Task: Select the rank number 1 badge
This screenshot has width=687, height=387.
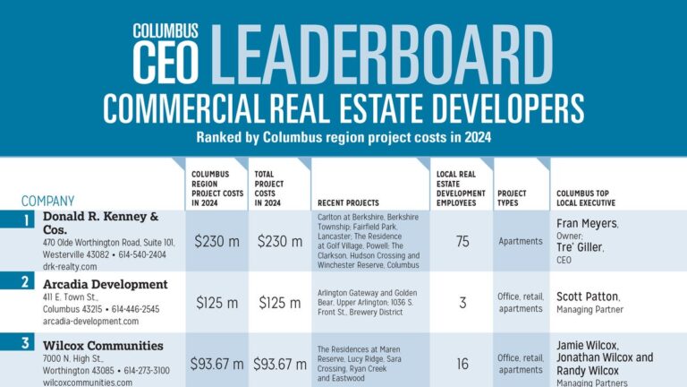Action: click(x=28, y=219)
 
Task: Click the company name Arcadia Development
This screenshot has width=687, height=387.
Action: click(x=106, y=285)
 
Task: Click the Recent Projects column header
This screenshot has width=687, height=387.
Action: click(x=348, y=203)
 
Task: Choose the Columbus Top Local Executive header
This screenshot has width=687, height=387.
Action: click(x=593, y=198)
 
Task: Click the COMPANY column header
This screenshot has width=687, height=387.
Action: click(x=47, y=202)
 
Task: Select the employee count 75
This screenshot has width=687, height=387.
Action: click(x=462, y=241)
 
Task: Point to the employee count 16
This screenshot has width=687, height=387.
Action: click(x=462, y=364)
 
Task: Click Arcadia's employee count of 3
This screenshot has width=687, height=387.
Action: click(x=462, y=303)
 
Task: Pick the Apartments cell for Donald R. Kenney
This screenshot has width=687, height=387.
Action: click(x=520, y=241)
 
